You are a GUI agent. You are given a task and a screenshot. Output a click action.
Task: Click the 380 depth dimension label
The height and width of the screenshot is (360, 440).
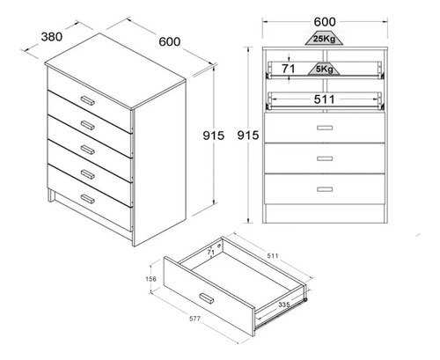click(x=52, y=37)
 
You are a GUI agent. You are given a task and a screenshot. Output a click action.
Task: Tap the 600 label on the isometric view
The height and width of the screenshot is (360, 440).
click(x=170, y=41)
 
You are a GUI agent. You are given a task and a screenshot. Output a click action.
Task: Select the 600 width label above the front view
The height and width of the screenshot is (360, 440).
click(x=325, y=22)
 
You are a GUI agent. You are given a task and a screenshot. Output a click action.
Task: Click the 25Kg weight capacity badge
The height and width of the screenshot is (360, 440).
click(x=324, y=39)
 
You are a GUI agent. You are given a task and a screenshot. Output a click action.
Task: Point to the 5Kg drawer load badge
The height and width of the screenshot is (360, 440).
click(x=324, y=69)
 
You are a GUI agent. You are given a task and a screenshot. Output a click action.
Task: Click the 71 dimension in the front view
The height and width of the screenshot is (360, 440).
click(x=289, y=69)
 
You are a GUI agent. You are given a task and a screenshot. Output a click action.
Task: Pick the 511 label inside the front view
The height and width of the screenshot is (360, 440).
click(x=324, y=99)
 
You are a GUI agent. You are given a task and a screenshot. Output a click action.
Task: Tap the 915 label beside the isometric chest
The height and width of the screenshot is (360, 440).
click(x=214, y=136)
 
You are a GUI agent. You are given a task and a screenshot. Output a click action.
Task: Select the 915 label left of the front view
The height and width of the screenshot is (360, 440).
click(x=248, y=136)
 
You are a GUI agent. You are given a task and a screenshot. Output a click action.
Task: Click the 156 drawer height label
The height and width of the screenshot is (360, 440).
click(x=150, y=279)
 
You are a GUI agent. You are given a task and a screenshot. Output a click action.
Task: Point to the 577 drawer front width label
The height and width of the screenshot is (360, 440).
click(x=194, y=319)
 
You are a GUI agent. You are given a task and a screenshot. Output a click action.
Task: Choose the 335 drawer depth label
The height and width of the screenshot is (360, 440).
click(x=284, y=305)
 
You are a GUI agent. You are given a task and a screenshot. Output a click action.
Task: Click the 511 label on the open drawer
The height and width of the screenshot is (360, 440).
click(x=273, y=256)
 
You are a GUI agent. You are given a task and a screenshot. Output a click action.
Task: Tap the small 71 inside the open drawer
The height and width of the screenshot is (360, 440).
click(x=211, y=252)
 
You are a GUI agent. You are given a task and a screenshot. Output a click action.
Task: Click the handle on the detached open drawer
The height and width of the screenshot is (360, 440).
click(x=207, y=298)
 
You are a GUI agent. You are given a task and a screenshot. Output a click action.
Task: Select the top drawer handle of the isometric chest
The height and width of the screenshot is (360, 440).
click(x=87, y=100)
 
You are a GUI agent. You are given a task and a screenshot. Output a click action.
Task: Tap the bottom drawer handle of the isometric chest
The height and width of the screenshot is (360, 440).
click(x=87, y=199)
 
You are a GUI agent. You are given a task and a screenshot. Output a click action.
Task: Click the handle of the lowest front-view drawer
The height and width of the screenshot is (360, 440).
click(x=325, y=189)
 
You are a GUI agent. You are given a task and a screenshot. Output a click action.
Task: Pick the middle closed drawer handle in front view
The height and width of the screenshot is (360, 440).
click(x=325, y=158)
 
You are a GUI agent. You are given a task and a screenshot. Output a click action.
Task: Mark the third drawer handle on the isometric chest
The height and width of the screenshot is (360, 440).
click(x=87, y=150)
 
